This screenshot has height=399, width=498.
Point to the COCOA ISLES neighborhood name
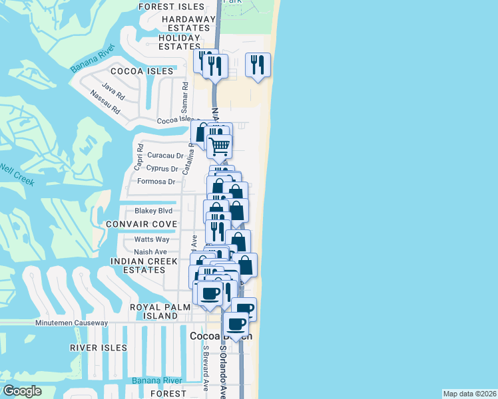(142, 70)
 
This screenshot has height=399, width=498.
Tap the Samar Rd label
(186, 91)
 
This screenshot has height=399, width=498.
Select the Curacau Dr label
(165, 155)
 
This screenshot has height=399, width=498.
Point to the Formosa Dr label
(156, 182)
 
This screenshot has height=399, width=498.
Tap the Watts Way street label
(152, 239)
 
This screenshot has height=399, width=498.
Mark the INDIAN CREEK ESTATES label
(144, 266)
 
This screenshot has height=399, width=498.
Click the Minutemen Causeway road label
(71, 323)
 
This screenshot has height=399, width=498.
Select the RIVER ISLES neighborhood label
(98, 348)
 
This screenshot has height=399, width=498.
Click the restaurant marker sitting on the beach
(258, 65)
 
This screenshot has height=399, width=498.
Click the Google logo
(22, 391)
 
